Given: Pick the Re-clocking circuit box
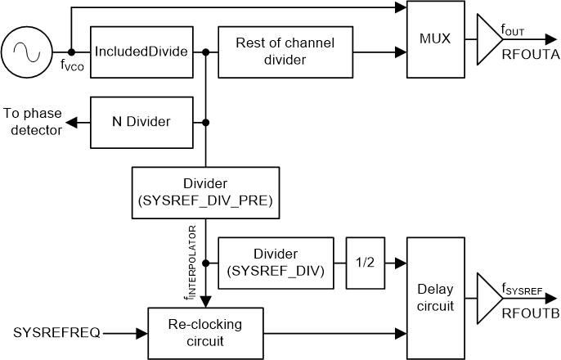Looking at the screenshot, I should [205, 332].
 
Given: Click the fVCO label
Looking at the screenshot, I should [73, 66].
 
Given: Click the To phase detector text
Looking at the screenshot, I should [33, 122].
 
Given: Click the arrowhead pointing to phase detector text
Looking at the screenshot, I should [73, 122].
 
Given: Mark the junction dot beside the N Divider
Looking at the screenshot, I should [205, 122].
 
